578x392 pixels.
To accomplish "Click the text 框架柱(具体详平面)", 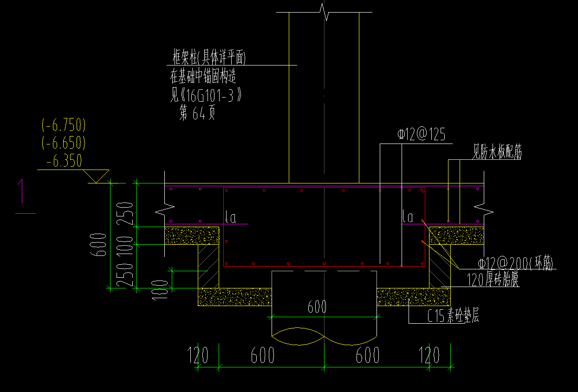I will click(x=208, y=58).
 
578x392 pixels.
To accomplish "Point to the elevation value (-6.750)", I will click(x=64, y=125).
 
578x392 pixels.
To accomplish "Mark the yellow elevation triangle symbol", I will click(x=97, y=176).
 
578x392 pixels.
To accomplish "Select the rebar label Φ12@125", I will click(x=421, y=135).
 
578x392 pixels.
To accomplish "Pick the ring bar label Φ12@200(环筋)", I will click(x=516, y=264).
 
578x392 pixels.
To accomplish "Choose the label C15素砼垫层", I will click(x=453, y=316).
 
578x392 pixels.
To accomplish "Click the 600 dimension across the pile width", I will click(x=317, y=307).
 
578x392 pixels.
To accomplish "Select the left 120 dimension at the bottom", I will click(x=198, y=356).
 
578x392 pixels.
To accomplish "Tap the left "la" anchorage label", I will click(x=230, y=217).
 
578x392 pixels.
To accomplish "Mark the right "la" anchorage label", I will click(x=408, y=216).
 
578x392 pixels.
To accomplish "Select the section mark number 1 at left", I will click(x=20, y=191).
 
